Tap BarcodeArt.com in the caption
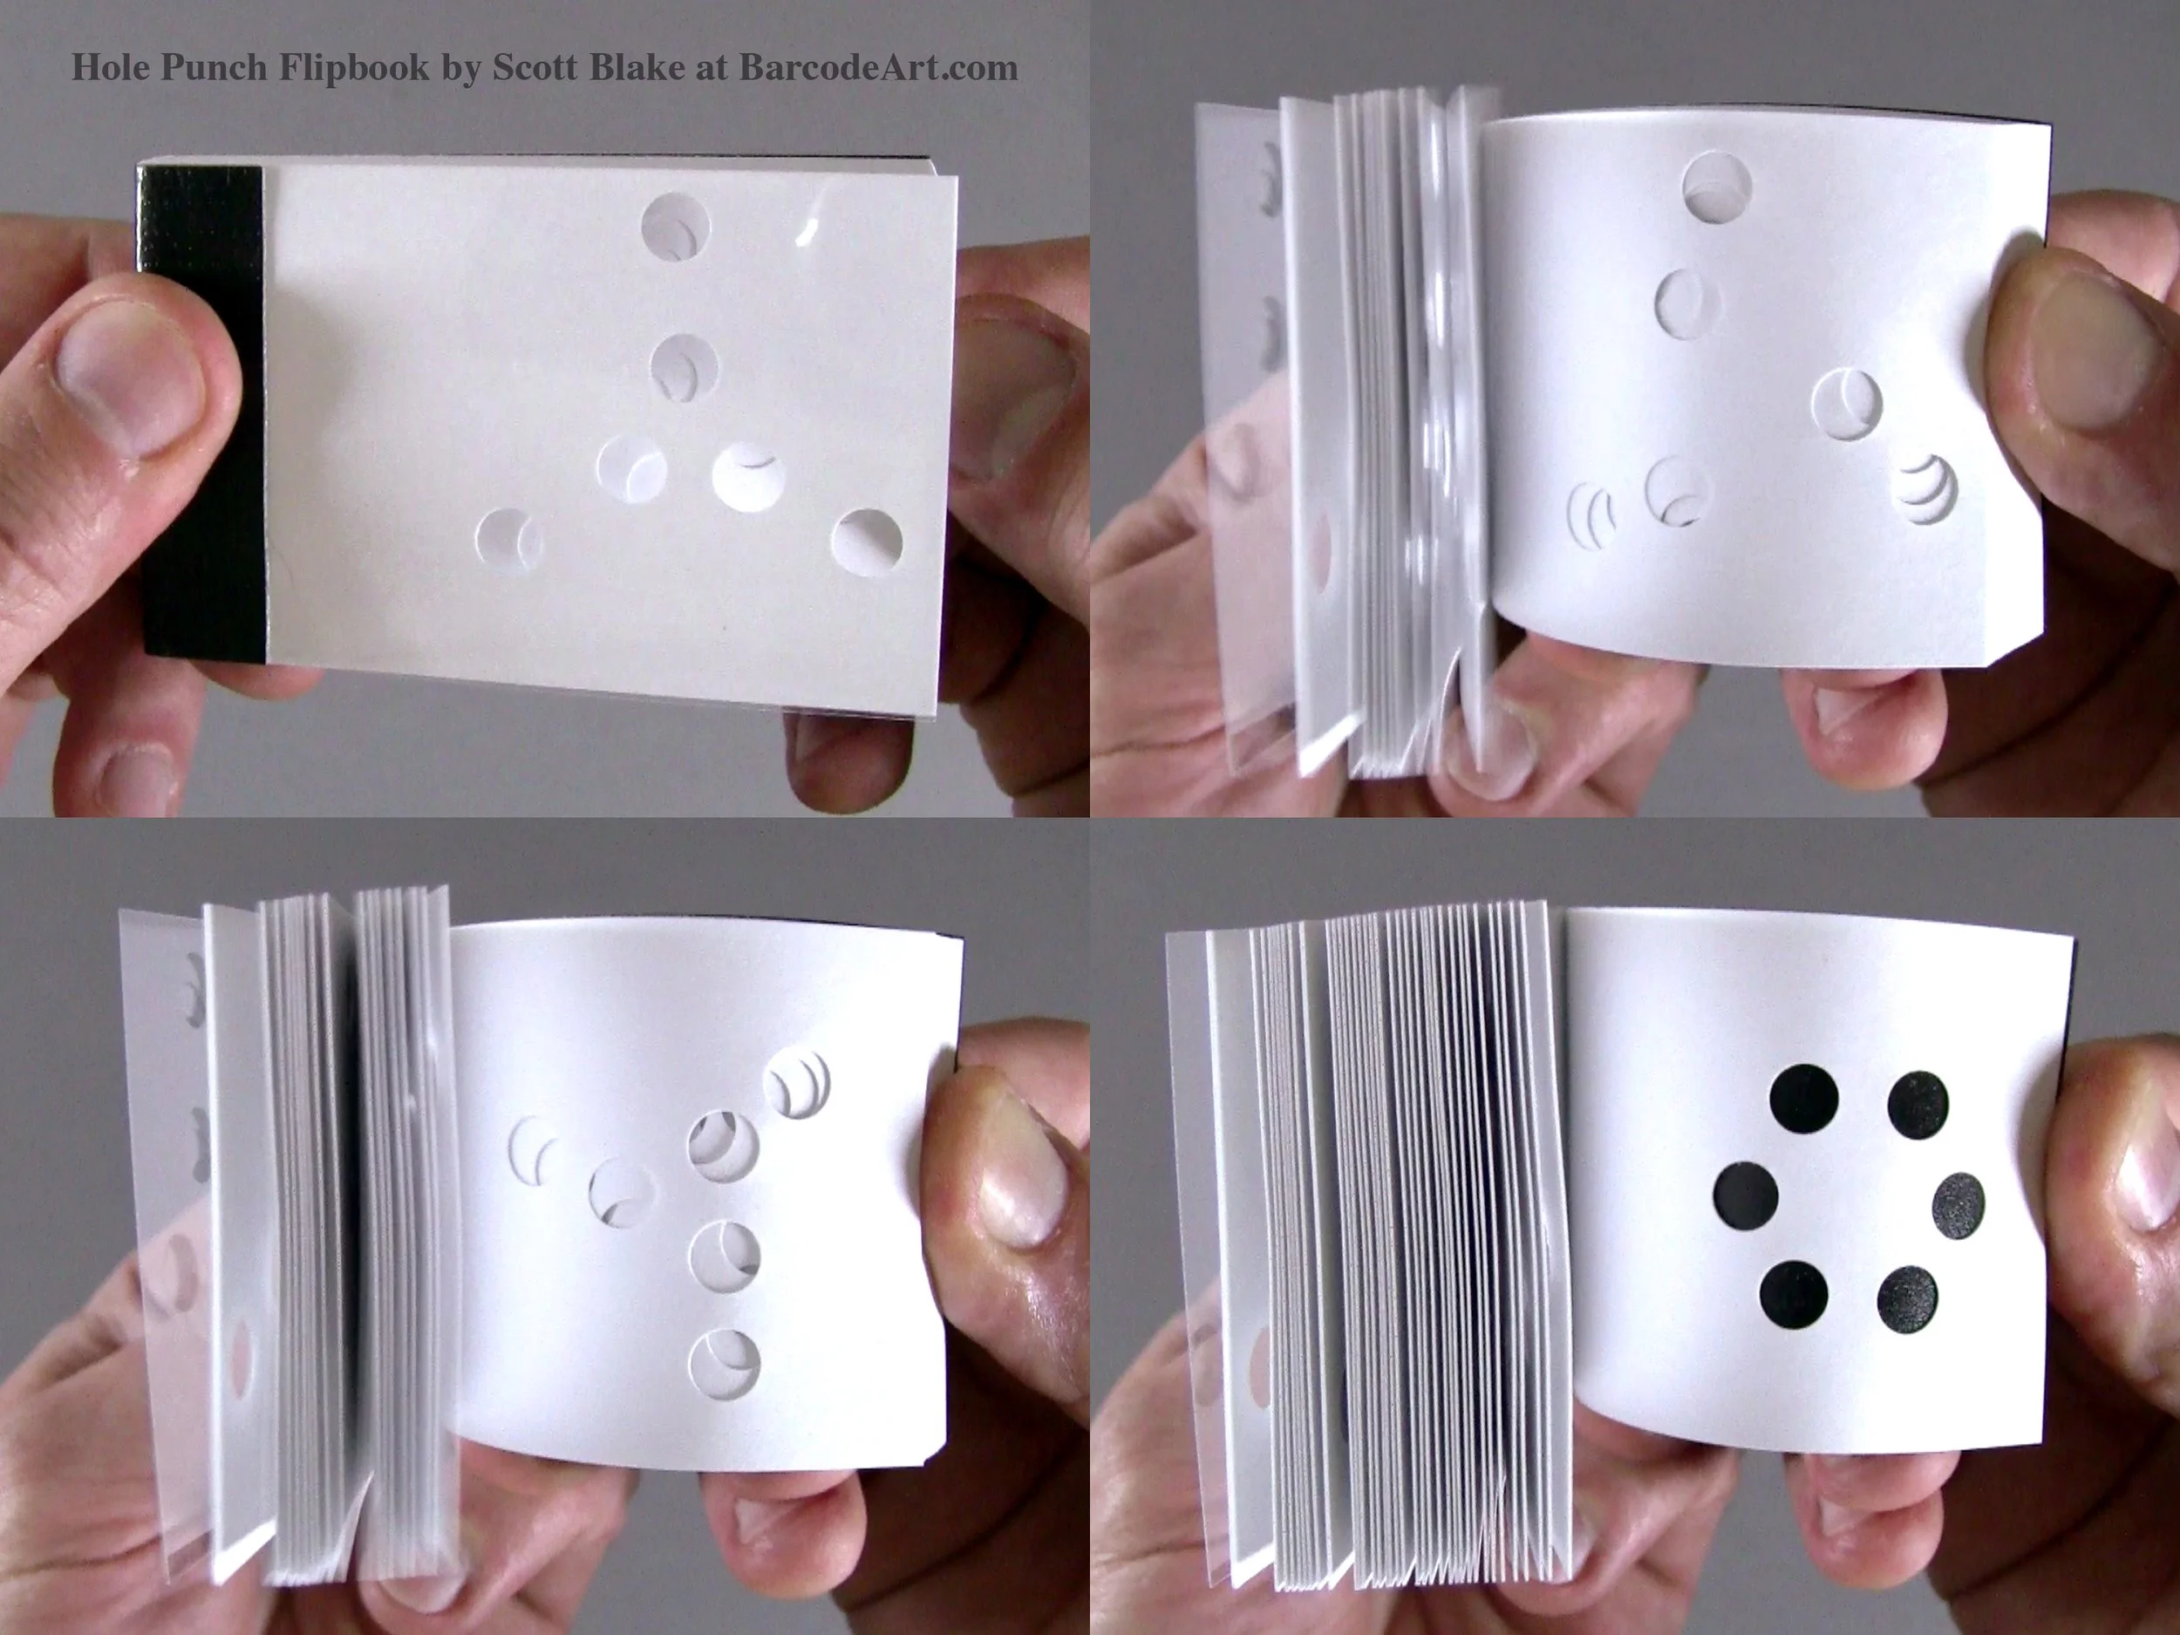pyautogui.click(x=877, y=66)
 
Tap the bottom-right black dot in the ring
pyautogui.click(x=1907, y=1301)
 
